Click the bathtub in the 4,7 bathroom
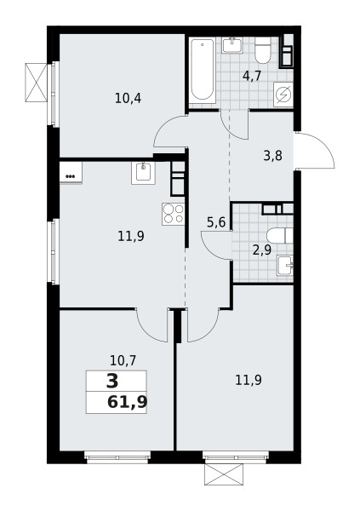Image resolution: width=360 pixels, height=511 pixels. pyautogui.click(x=203, y=71)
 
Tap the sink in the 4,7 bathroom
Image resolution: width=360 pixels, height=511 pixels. pyautogui.click(x=232, y=45)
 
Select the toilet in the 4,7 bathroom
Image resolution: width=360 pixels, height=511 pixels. pyautogui.click(x=263, y=50)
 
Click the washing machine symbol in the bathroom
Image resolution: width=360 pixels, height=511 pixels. pyautogui.click(x=283, y=95)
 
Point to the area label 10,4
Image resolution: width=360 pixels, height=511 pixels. pyautogui.click(x=128, y=98)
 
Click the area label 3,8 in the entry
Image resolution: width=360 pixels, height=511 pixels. pyautogui.click(x=272, y=156)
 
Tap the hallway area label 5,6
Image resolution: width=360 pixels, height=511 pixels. pyautogui.click(x=216, y=222)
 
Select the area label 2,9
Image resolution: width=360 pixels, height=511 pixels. pyautogui.click(x=262, y=250)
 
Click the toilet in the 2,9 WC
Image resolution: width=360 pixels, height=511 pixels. pyautogui.click(x=279, y=236)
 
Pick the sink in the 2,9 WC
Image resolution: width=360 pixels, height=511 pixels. pyautogui.click(x=285, y=265)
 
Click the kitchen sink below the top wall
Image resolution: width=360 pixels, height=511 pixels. pyautogui.click(x=143, y=173)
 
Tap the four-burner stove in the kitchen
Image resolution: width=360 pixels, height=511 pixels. pyautogui.click(x=174, y=214)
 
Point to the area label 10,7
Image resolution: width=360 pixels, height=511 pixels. pyautogui.click(x=123, y=360)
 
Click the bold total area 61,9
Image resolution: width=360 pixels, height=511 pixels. pyautogui.click(x=127, y=403)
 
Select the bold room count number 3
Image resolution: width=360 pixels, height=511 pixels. pyautogui.click(x=112, y=382)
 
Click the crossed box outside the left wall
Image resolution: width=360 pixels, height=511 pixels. pyautogui.click(x=36, y=83)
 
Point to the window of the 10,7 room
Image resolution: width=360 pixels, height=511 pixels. pyautogui.click(x=117, y=456)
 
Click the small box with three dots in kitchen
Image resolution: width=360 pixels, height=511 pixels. pyautogui.click(x=71, y=173)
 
